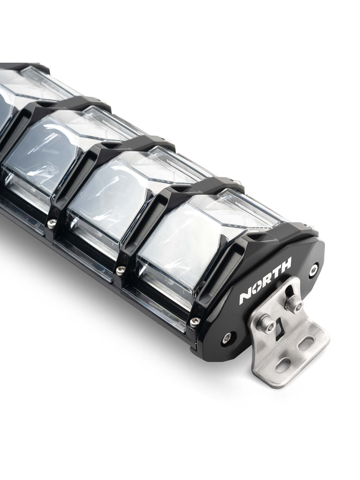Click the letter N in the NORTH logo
coord(246,297)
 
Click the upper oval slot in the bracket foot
coord(306,343)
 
